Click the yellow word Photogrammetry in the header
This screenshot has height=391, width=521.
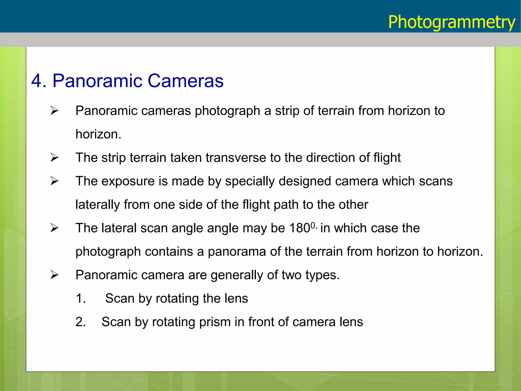coord(452,22)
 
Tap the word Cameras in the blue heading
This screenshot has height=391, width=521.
coord(185,81)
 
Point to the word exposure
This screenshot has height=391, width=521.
coord(128,181)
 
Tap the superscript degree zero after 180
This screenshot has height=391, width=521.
coord(313,225)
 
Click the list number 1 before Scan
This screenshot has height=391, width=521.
coord(81,298)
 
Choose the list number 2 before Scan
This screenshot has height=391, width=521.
coord(81,322)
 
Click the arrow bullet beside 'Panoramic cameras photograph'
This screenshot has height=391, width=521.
coord(54,111)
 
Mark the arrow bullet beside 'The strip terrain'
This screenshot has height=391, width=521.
coord(54,158)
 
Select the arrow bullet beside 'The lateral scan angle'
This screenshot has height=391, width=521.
coord(54,228)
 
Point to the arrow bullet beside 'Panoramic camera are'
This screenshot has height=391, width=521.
coord(54,275)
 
